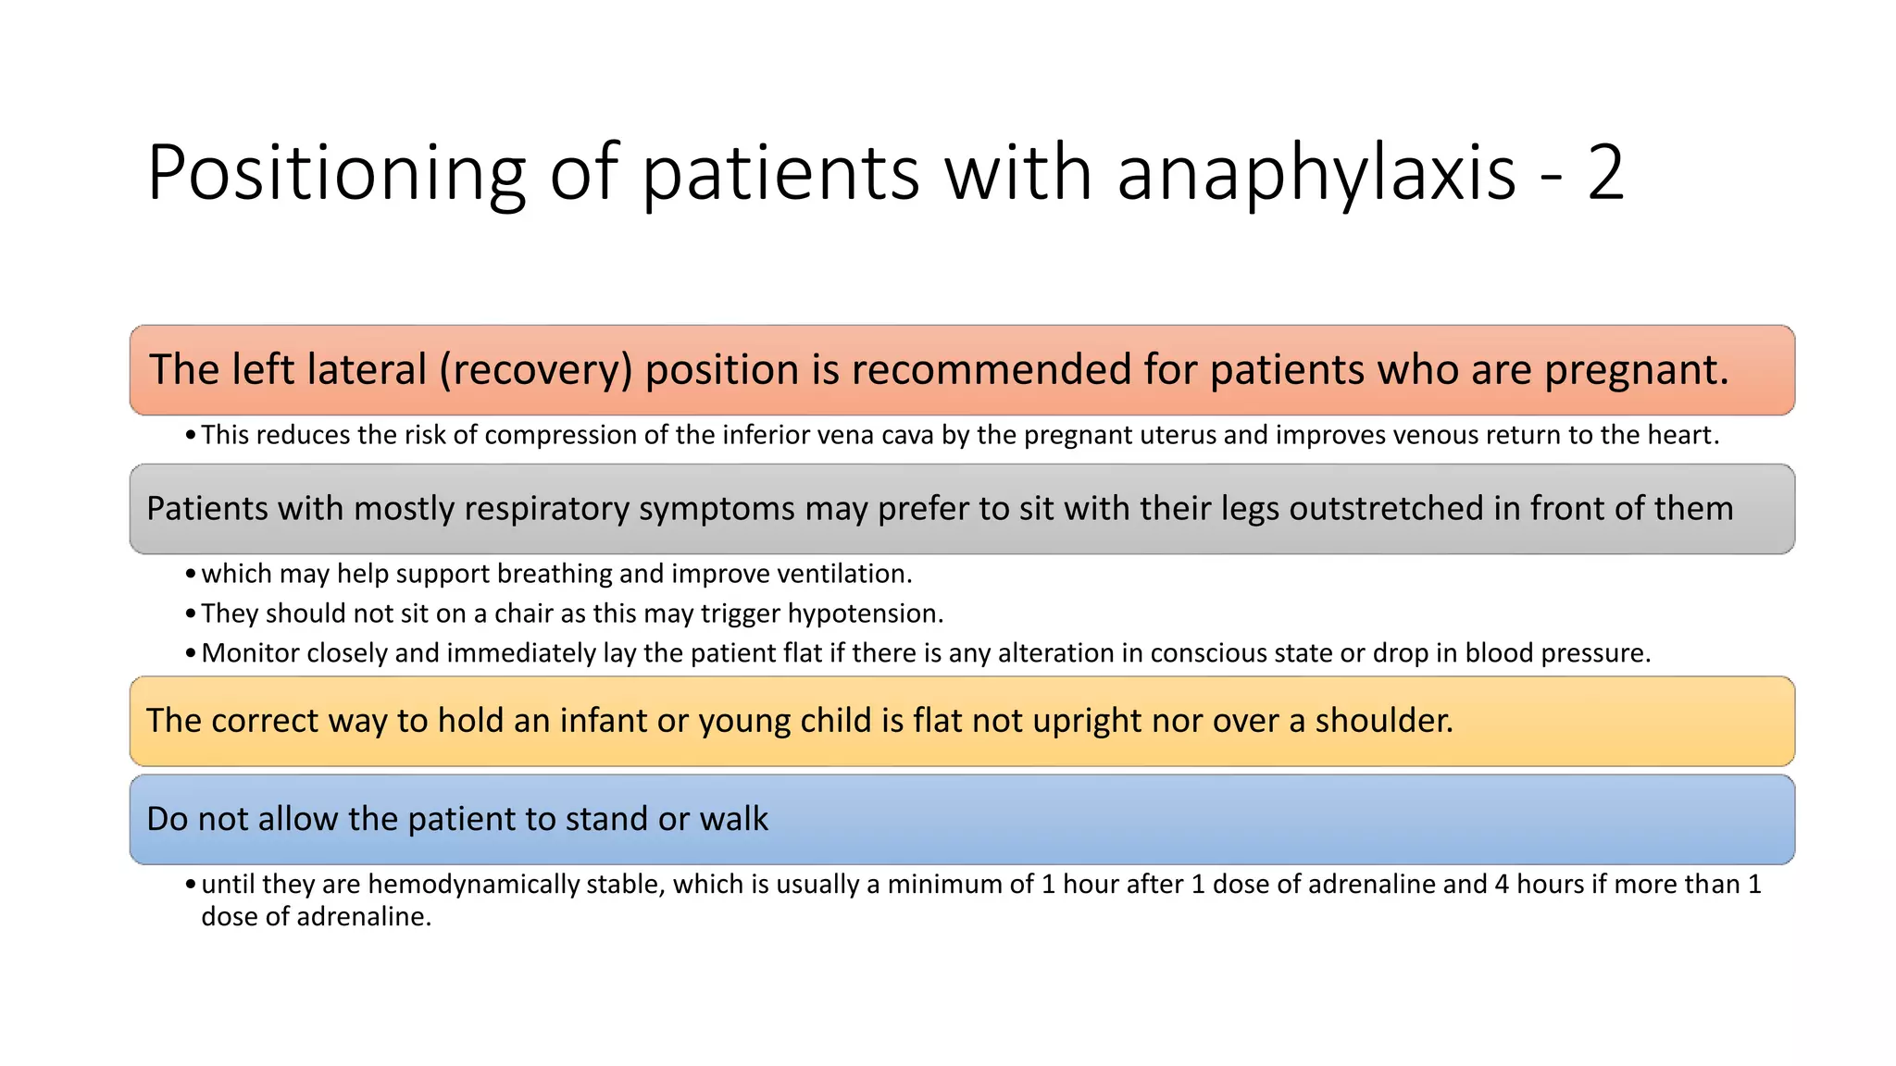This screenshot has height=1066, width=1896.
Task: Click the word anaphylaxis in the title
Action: (x=1316, y=173)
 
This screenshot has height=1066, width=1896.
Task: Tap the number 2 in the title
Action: (x=1604, y=173)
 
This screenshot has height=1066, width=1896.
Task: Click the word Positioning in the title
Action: (x=336, y=173)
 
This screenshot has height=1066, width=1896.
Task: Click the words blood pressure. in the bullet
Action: (x=1558, y=653)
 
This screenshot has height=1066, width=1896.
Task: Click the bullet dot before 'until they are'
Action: (x=190, y=886)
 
